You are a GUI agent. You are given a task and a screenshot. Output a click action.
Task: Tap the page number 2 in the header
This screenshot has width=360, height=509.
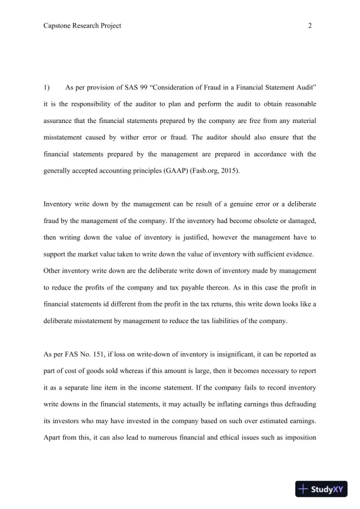[x=309, y=26]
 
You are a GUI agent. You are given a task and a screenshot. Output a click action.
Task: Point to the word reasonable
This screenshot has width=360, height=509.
[x=296, y=104]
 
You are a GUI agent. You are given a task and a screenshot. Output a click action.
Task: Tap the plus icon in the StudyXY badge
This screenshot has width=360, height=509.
[x=304, y=488]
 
